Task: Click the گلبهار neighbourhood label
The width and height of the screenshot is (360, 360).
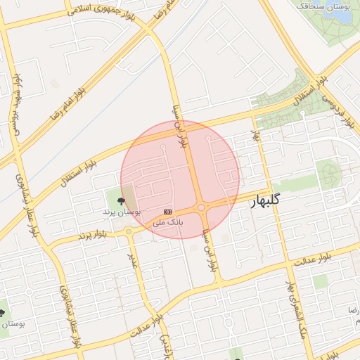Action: point(266,201)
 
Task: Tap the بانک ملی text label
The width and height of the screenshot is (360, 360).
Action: point(168,221)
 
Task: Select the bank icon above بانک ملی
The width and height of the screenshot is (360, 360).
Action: point(167,211)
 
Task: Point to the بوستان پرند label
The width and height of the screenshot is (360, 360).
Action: point(122,211)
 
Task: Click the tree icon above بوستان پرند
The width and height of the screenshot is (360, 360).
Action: point(122,200)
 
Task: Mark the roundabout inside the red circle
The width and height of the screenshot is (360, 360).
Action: point(201,207)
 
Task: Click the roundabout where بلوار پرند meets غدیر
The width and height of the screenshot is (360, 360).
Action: point(129,231)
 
